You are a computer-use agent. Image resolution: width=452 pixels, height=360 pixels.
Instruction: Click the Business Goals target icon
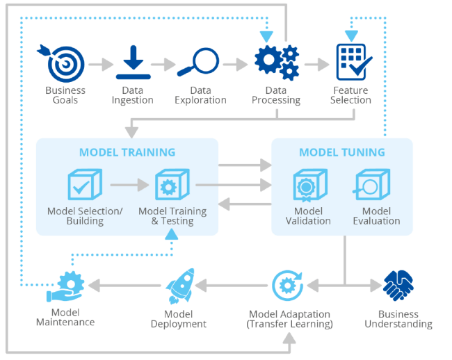click(65, 63)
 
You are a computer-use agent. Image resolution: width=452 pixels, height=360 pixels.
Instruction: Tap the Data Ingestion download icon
click(133, 63)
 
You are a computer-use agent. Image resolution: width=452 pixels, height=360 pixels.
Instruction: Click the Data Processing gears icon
click(277, 62)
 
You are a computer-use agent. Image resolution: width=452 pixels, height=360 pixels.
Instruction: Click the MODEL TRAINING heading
click(127, 152)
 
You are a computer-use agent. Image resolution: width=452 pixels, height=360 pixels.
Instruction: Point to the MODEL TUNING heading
click(342, 152)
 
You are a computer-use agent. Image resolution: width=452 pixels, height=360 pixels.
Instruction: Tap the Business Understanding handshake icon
click(398, 286)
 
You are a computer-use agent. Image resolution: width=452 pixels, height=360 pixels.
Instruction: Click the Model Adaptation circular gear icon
click(286, 285)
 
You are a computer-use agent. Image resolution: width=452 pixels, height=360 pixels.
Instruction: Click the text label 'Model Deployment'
click(179, 318)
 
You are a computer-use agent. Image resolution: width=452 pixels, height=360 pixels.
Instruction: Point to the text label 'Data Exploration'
click(200, 95)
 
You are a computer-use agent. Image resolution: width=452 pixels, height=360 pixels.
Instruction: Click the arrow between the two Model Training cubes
click(129, 186)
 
